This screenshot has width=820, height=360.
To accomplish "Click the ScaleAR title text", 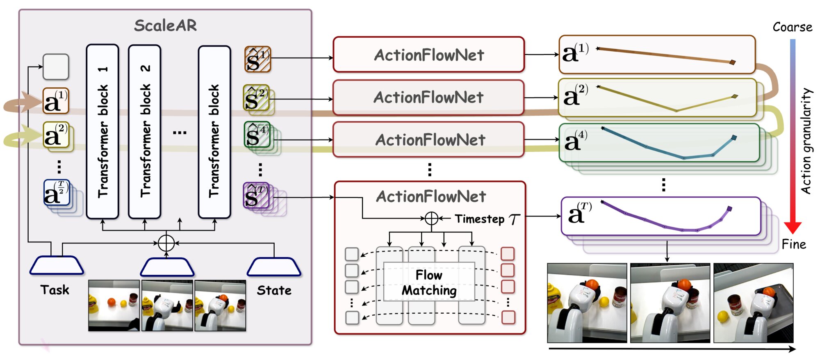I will click(165, 25).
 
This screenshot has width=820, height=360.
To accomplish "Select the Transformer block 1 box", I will click(102, 131).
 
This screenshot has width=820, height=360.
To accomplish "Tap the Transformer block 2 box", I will click(145, 131).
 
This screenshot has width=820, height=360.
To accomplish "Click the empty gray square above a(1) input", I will click(56, 66).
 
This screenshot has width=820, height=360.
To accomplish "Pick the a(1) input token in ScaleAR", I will click(55, 101).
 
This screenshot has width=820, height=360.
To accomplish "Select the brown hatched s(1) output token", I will click(257, 59).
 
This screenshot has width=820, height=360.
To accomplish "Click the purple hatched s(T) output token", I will click(256, 196).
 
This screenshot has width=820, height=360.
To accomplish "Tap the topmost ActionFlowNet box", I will click(428, 55).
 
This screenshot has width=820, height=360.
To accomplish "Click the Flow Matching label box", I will click(429, 282).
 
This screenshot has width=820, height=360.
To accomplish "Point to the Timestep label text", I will click(480, 219).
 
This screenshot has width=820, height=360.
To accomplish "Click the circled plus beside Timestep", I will click(431, 219).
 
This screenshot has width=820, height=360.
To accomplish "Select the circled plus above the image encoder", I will click(166, 243).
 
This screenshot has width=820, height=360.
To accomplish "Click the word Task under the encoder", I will click(55, 290).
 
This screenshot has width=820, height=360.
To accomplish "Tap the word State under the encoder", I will click(274, 290).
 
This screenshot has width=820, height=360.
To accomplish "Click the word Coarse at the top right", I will click(792, 27).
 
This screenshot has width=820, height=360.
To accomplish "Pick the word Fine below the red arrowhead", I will click(793, 244).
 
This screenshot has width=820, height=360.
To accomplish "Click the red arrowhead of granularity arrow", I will click(793, 227).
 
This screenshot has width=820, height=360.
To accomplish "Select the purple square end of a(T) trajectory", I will click(729, 209).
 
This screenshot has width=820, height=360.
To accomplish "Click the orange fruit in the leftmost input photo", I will click(111, 302).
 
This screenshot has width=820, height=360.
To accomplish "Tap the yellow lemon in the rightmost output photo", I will click(723, 317).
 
